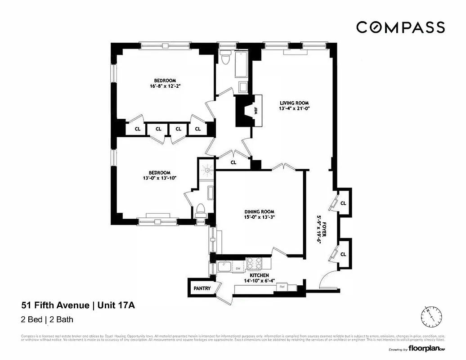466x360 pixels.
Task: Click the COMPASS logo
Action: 400,27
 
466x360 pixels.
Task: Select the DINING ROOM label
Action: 259,211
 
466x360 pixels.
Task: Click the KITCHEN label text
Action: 260,275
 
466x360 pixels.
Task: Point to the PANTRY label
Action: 202,288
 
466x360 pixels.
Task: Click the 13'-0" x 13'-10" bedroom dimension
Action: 160,178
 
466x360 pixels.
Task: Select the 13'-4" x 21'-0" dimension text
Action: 294,108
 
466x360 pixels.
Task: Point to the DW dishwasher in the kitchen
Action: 238,269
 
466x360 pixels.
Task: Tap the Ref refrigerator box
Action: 282,287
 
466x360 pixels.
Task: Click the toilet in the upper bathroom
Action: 225,58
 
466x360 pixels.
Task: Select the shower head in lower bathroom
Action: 207,170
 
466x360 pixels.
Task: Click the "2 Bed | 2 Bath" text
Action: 47,320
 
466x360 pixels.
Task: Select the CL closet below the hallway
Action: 233,162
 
